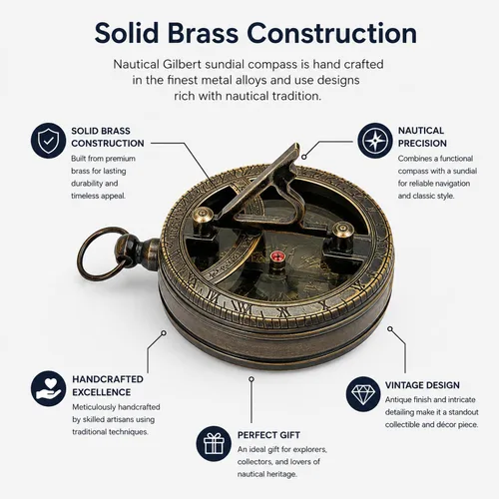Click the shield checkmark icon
[x=48, y=140]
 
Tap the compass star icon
[x=375, y=140]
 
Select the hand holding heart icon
[x=48, y=388]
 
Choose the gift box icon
[x=214, y=443]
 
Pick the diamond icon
[x=363, y=394]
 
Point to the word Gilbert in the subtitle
[x=182, y=64]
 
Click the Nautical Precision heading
[x=422, y=137]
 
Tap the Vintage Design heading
[x=422, y=385]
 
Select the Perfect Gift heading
[x=268, y=435]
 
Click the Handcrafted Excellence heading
[x=108, y=385]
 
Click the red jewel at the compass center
[x=276, y=256]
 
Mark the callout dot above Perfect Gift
[x=251, y=379]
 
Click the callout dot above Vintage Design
[x=390, y=329]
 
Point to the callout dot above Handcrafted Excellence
[x=164, y=332]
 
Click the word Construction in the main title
[x=331, y=33]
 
